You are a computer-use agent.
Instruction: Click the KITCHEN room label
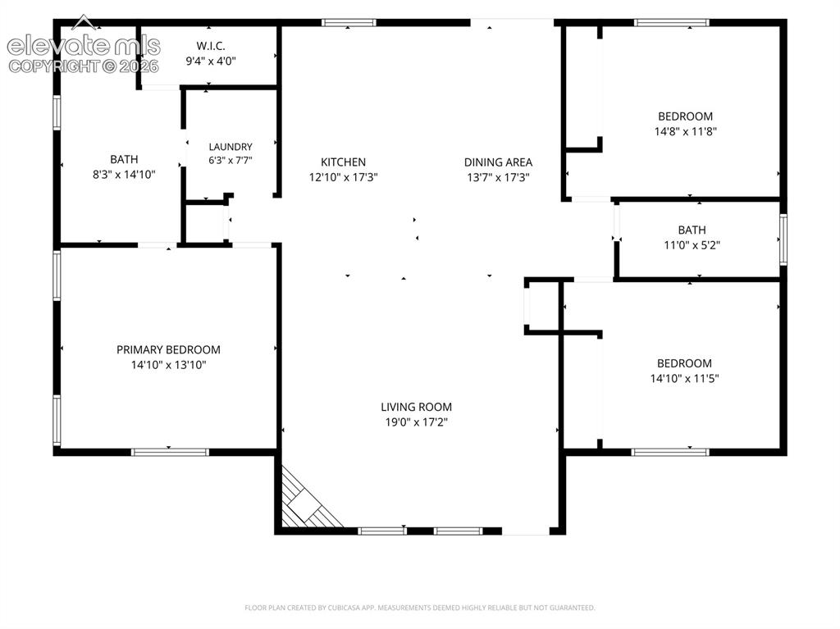344,162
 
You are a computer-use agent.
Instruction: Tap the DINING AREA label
498,162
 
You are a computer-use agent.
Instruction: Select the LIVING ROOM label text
416,407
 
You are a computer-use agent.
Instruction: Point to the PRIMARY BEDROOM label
168,349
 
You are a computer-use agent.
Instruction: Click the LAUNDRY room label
231,146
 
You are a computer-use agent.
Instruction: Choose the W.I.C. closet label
211,46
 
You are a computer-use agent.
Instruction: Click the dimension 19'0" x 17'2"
416,422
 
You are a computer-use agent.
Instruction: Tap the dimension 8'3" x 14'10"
124,174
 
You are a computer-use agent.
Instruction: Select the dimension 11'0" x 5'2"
692,245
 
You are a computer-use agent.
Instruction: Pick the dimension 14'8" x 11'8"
685,131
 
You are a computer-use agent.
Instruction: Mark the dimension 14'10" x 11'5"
684,378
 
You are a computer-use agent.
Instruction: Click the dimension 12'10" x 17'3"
344,177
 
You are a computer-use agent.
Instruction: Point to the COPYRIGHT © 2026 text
84,66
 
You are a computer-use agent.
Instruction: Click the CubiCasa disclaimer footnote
419,608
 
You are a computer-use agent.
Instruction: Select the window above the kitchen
348,22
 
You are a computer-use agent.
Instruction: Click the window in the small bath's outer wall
783,239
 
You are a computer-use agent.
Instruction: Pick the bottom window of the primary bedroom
170,452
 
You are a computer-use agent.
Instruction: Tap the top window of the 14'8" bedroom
672,22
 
